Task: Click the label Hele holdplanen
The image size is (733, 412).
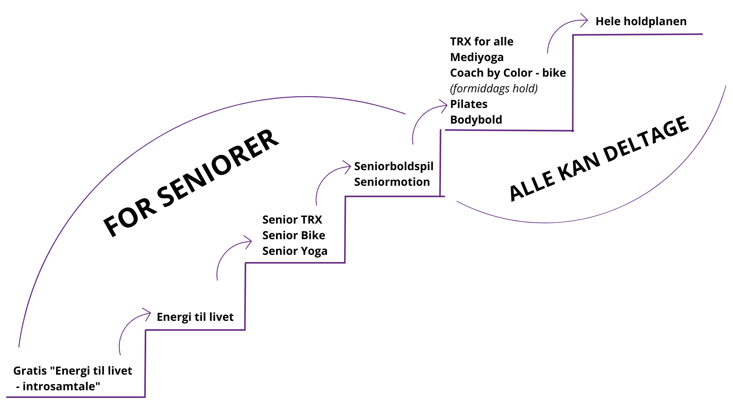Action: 641,21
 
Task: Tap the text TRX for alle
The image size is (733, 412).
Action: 481,42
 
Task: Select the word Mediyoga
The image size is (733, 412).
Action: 477,57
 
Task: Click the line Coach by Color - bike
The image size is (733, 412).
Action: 508,73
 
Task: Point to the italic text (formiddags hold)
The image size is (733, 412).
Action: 494,89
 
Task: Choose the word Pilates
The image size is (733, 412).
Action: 469,104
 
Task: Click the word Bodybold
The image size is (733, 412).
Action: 476,120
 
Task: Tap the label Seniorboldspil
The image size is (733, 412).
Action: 394,166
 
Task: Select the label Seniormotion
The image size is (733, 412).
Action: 392,182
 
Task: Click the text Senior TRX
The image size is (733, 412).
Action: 292,220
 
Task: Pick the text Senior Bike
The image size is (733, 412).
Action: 294,235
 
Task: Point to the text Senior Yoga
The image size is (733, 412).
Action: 295,251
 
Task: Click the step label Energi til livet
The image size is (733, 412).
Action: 195,317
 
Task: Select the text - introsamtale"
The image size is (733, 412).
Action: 58,386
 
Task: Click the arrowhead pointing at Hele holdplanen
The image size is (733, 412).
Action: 584,21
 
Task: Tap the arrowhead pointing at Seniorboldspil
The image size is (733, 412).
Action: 347,167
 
